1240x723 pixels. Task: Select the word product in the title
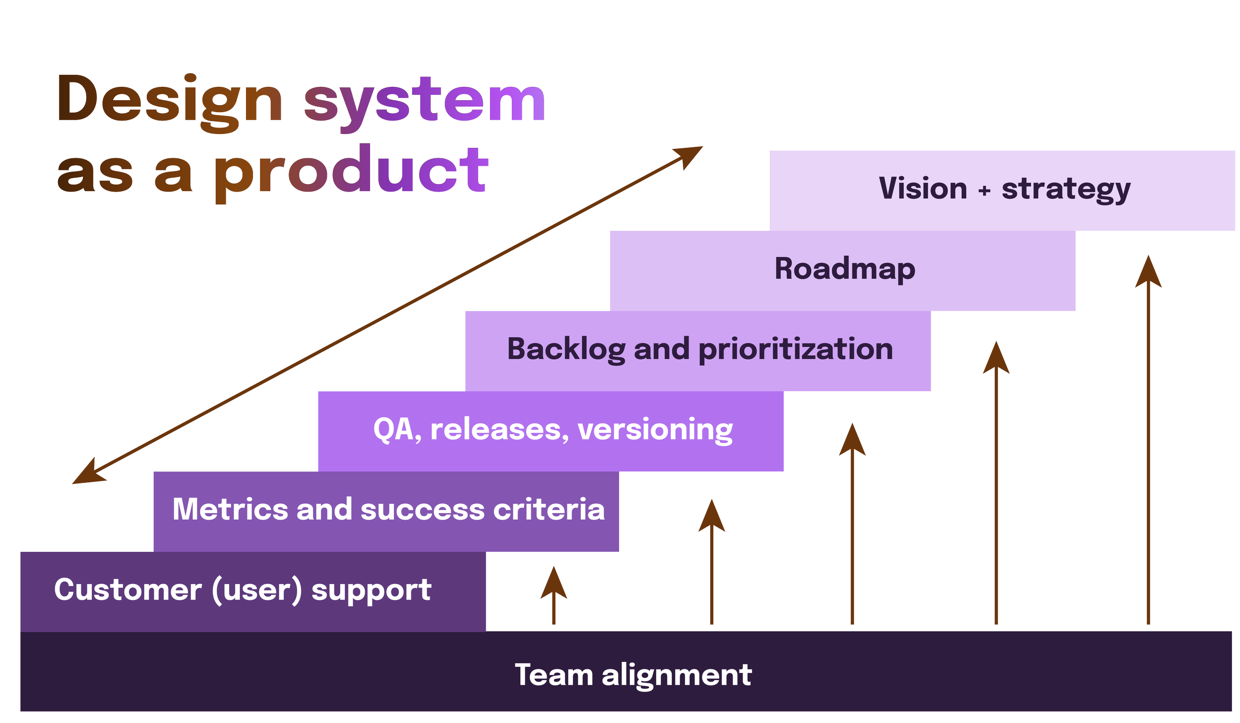point(351,174)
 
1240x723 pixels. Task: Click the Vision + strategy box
point(1002,191)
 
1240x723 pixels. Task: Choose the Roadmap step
point(843,271)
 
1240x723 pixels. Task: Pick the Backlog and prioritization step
point(698,351)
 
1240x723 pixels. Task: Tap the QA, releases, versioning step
point(551,432)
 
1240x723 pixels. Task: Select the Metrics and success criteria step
point(386,512)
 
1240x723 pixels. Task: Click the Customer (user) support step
point(253,592)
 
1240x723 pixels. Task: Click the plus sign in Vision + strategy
point(985,190)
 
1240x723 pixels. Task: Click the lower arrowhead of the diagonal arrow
point(88,472)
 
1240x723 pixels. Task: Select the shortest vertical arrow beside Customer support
point(554,595)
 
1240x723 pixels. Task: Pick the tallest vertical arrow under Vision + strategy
point(1148,440)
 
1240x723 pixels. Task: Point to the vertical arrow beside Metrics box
point(712,562)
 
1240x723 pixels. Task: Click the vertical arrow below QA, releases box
point(852,524)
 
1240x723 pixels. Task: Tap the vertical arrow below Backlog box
point(996,483)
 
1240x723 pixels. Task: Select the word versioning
point(655,430)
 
